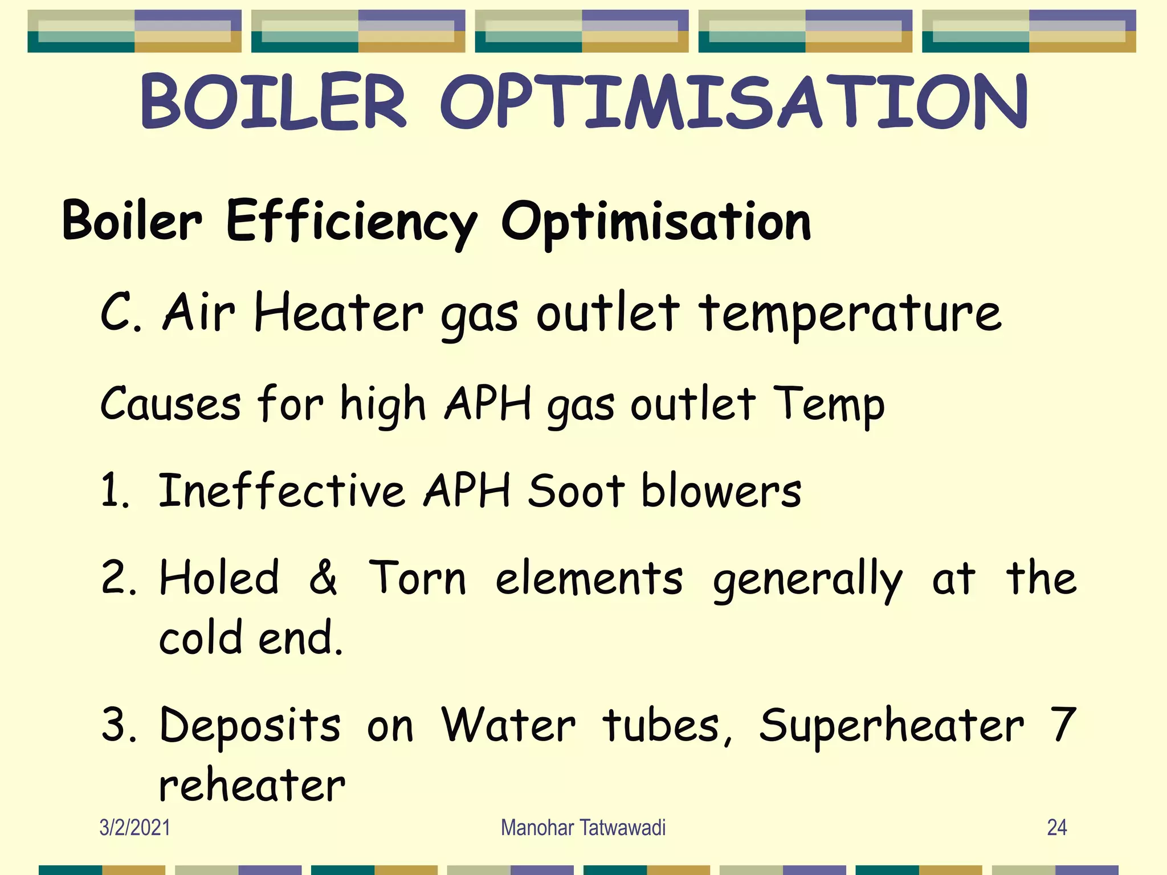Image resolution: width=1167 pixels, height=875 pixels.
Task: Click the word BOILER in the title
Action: (274, 101)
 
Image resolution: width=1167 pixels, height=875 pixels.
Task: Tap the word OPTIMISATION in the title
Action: (734, 101)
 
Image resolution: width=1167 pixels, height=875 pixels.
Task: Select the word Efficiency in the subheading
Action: (352, 222)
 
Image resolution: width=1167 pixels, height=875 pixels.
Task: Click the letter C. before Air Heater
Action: (121, 312)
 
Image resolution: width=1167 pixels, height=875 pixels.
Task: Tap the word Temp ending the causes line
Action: (829, 404)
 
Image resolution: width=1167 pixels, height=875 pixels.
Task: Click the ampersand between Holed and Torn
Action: (323, 578)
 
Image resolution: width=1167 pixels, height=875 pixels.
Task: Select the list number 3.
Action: (119, 725)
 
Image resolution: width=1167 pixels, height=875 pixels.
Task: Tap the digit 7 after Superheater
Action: (1062, 725)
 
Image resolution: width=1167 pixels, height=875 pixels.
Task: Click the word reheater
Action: (252, 785)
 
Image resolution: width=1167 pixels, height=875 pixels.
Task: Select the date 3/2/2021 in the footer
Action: (134, 827)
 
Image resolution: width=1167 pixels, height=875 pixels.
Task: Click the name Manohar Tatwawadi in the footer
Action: (583, 827)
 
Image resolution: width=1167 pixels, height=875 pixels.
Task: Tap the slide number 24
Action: (1056, 827)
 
